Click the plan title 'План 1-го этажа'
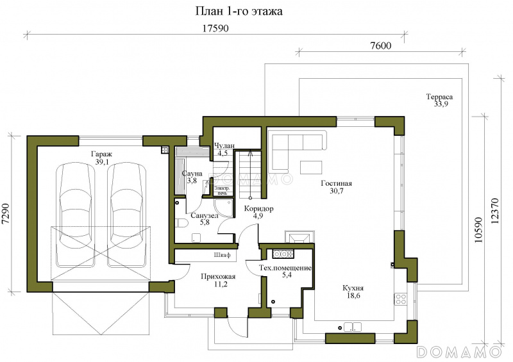click(x=239, y=11)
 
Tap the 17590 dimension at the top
click(x=215, y=28)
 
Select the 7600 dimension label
click(x=381, y=45)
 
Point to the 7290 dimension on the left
click(x=6, y=214)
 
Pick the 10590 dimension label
click(x=478, y=229)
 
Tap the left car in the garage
click(x=75, y=215)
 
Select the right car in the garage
click(x=126, y=215)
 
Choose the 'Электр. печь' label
click(x=222, y=191)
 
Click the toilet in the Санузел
click(x=181, y=224)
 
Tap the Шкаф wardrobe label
click(x=222, y=255)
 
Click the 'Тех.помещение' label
click(x=285, y=268)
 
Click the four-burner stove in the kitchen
click(x=400, y=299)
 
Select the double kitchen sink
click(x=352, y=327)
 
